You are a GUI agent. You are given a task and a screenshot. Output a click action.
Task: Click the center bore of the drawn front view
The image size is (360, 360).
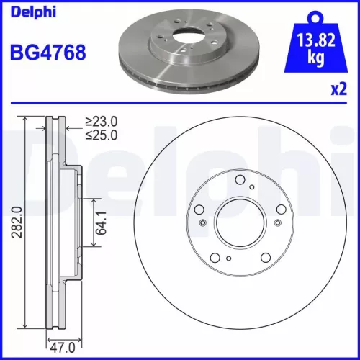click(239, 223)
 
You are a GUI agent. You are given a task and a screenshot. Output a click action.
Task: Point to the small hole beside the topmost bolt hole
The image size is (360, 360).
click(251, 189)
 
